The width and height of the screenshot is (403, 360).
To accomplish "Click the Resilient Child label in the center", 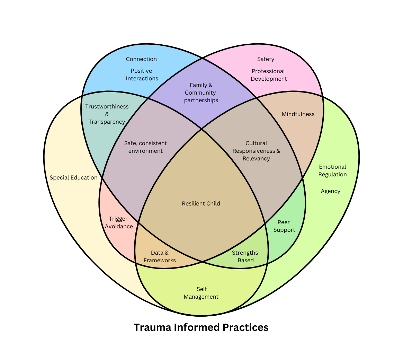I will [x=201, y=203].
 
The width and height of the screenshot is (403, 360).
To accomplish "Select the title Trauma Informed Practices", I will [x=201, y=327].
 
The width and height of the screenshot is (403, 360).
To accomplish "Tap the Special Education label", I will [x=73, y=178].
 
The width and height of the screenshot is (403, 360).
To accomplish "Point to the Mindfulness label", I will [x=298, y=114].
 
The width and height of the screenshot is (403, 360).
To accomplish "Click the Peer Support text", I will [x=284, y=226].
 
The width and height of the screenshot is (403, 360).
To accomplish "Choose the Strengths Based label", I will [x=245, y=256].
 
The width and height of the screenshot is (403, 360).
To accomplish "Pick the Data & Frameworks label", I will [x=160, y=256].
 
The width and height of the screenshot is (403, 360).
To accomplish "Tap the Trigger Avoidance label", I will [x=119, y=222].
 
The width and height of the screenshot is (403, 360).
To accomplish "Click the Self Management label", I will [x=201, y=293].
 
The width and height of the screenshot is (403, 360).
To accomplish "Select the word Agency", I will [x=330, y=191].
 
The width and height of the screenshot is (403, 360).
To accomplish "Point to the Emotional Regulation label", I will [x=332, y=170].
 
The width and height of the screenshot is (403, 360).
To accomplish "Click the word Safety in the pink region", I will [x=266, y=59].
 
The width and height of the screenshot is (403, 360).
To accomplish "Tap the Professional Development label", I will [x=269, y=75].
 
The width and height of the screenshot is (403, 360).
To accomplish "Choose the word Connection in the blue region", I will [x=141, y=59].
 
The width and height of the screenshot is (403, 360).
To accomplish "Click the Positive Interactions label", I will [x=142, y=74].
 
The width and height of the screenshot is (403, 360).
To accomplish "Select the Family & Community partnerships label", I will [x=201, y=93].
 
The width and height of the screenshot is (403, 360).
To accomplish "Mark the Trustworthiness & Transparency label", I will [x=107, y=114].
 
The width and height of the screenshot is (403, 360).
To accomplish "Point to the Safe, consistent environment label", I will [x=145, y=147].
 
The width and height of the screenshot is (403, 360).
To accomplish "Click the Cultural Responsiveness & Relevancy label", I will [x=256, y=151].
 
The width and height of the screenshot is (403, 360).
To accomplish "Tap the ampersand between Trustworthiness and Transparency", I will [x=107, y=114].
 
